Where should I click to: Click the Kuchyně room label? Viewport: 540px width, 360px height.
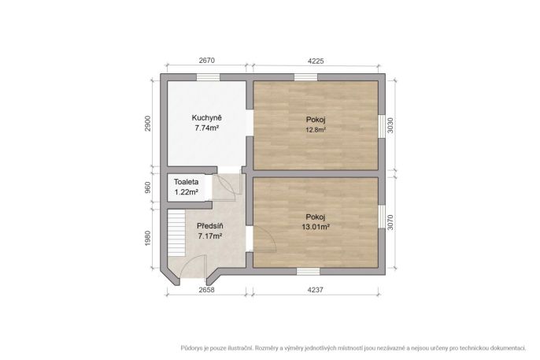206,118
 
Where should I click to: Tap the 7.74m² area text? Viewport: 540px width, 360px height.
207,128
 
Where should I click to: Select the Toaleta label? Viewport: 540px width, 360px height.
186,181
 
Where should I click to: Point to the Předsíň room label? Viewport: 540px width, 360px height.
209,226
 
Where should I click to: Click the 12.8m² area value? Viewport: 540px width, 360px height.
316,130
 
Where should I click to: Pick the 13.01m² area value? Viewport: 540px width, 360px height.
316,227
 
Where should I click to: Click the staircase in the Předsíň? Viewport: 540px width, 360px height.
176,234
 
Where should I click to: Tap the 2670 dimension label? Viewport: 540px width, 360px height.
206,61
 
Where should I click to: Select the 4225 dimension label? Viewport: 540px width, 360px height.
316,61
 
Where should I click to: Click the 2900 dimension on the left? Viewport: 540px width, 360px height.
148,123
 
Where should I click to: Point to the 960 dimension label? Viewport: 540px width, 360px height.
148,187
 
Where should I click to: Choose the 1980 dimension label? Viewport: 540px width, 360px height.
148,238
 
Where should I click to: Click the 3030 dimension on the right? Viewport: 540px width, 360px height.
390,125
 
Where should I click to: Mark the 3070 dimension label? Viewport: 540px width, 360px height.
390,223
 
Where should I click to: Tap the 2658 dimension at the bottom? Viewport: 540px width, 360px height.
206,290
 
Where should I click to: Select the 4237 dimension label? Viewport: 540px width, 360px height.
316,290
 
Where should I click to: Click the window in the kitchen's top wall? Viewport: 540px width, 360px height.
208,77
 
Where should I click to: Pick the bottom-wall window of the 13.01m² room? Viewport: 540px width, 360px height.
309,272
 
